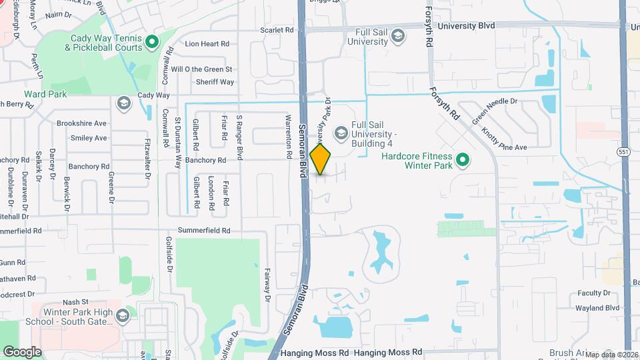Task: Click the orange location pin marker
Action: (321, 159)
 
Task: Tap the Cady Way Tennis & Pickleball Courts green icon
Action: (151, 43)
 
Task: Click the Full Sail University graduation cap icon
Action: (398, 36)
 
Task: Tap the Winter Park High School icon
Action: (122, 315)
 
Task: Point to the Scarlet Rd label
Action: (277, 30)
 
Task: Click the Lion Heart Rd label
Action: (207, 44)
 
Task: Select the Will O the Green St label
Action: (201, 69)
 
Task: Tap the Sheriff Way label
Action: (215, 82)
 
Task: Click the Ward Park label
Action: (45, 95)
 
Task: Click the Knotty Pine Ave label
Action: (504, 139)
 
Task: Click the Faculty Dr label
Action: (593, 293)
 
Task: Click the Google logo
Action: (22, 351)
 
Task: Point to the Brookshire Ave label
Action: (81, 123)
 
